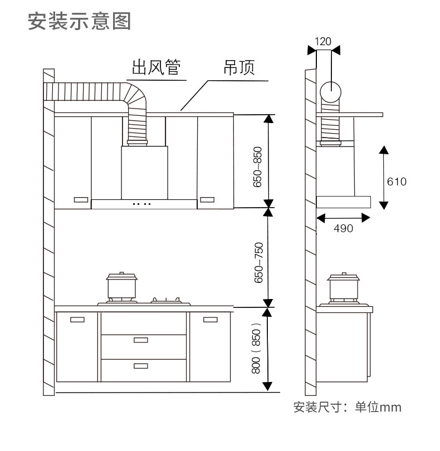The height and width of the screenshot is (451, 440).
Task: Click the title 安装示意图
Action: click(80, 21)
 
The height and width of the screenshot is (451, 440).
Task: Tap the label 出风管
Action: click(157, 67)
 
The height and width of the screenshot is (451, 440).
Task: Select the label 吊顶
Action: click(239, 67)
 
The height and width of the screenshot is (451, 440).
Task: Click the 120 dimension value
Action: click(323, 41)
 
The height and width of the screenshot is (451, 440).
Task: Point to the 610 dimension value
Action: click(397, 182)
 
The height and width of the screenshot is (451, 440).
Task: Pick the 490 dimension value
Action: click(343, 228)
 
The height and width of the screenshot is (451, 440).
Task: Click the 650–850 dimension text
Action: click(257, 167)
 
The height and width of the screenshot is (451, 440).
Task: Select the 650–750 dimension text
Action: click(258, 263)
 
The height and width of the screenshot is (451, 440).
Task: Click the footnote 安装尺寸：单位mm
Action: click(348, 407)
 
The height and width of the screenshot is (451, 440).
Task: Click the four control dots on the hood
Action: click(141, 204)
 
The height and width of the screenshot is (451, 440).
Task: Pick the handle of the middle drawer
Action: click(141, 340)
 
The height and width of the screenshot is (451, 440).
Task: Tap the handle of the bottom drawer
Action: click(141, 366)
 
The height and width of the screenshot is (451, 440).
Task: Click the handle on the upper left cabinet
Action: click(81, 200)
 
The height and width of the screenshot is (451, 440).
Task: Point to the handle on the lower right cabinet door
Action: click(211, 320)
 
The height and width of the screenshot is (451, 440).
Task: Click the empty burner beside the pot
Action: click(167, 301)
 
